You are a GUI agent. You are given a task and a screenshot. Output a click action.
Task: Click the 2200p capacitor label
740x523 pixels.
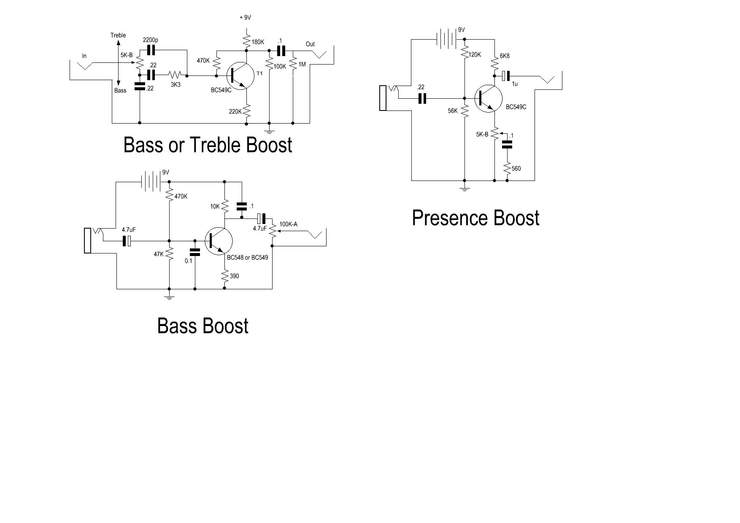pos(151,40)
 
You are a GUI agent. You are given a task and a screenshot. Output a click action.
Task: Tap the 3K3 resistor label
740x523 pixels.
pos(176,85)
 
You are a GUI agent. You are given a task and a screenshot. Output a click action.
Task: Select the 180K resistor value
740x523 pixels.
pos(258,42)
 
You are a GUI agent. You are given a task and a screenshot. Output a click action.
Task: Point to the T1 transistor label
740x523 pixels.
pos(259,73)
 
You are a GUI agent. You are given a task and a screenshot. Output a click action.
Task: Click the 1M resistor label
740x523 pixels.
pos(302,65)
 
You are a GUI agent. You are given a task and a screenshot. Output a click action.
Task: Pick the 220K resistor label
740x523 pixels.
pos(235,112)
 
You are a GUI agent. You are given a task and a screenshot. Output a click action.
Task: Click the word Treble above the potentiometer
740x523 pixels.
pos(118,35)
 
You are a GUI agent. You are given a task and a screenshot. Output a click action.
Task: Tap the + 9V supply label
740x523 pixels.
pos(245,18)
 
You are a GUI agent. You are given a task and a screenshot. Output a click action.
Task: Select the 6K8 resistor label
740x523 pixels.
pos(505,56)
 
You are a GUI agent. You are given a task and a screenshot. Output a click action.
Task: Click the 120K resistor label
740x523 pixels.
pos(475,55)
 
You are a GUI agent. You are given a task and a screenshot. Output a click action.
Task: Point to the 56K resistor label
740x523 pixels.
pos(453,111)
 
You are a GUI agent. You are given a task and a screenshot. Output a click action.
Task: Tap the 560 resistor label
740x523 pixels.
pos(516,169)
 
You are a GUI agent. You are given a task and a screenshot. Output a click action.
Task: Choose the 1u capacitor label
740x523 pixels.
pos(515,84)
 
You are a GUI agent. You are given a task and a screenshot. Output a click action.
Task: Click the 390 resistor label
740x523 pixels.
pos(234,276)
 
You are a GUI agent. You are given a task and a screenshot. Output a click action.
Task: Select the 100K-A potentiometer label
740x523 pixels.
pos(288,224)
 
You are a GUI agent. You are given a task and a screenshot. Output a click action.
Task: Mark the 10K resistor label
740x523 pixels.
pos(215,207)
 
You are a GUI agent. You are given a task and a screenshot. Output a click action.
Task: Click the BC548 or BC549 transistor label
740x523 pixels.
pos(247,257)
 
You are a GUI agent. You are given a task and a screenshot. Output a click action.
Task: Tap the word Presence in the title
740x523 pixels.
pos(450,218)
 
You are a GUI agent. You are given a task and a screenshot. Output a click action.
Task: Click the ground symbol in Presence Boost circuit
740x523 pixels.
pos(464,188)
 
